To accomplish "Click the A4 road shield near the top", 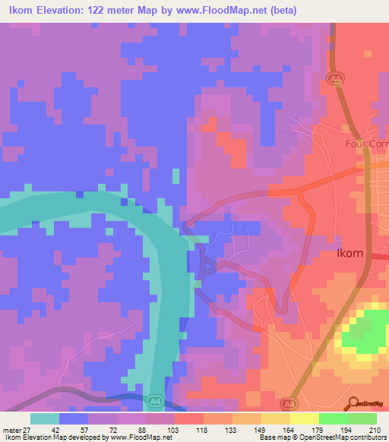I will pos(335,77).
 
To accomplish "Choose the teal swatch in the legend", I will pos(45,419).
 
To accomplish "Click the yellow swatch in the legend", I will pos(304,419).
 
